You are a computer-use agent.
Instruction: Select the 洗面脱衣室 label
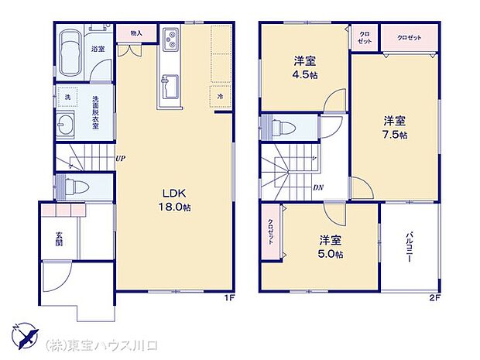[95, 111]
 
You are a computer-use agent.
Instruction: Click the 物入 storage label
[136, 33]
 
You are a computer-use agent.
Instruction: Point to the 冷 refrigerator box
[221, 95]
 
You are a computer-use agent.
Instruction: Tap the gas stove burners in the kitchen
[170, 39]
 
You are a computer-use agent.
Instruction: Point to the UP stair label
[121, 159]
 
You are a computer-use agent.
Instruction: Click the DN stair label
[318, 187]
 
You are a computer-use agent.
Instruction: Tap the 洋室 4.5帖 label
[303, 67]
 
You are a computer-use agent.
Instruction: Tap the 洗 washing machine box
[67, 98]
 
